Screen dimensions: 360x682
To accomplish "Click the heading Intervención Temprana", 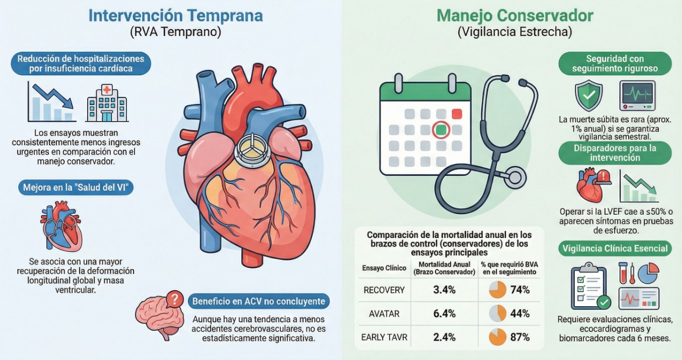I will (x=175, y=15).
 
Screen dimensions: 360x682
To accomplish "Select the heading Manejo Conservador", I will (x=515, y=15).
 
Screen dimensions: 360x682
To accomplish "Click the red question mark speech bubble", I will (x=174, y=298).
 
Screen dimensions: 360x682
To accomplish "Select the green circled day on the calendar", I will (x=441, y=130).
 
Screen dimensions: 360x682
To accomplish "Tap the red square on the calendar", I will (x=457, y=114).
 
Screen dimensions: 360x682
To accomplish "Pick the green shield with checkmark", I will (x=588, y=96).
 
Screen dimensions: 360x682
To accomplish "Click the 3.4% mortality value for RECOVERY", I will (x=444, y=290).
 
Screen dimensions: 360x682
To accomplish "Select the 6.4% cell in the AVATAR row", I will (x=444, y=314).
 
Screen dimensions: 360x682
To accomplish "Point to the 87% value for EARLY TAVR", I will (x=520, y=337).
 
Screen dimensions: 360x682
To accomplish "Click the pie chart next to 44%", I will (x=497, y=314).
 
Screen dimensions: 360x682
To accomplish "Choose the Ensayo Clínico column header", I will (x=384, y=268).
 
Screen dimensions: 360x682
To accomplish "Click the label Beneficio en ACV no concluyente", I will (x=259, y=301).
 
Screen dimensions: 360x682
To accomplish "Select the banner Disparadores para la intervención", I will (x=614, y=153).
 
